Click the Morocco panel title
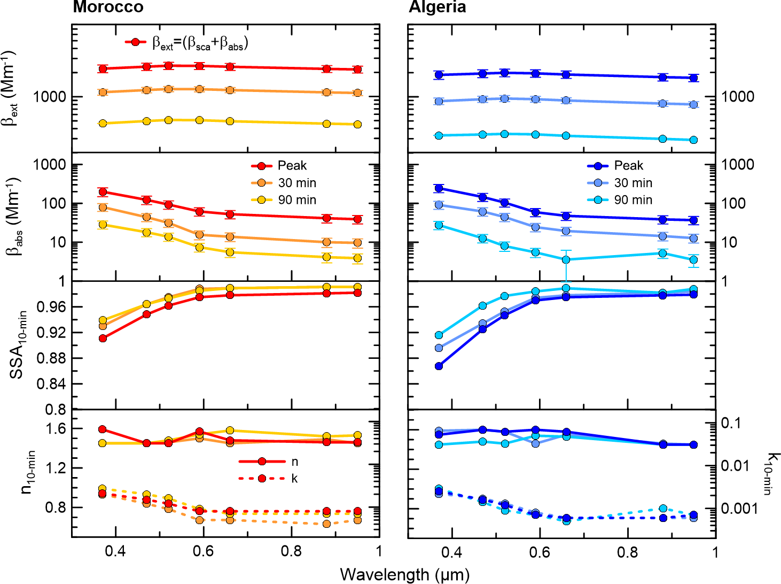coord(108,7)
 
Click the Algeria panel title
coord(438,7)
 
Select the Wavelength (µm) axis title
coord(404,574)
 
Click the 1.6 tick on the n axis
coord(56,428)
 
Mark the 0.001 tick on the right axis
coord(739,508)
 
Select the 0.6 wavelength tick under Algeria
coord(540,551)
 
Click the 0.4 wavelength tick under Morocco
coord(115,551)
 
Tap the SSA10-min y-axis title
coord(17,345)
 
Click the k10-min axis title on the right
coord(771,474)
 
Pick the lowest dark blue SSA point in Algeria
coord(439,366)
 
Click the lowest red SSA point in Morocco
coord(103,338)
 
